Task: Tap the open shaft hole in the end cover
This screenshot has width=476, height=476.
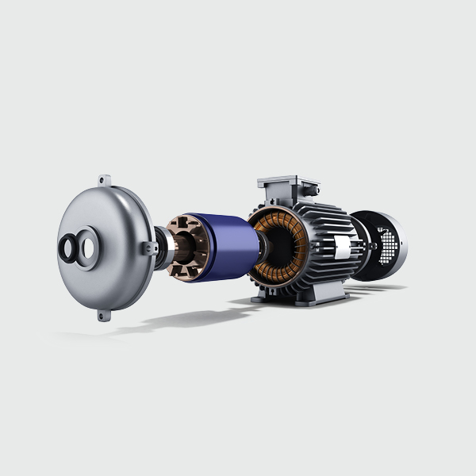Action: point(84,245)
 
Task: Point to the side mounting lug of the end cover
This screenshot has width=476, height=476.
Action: point(145,248)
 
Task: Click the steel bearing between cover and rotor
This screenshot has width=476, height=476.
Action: point(161,248)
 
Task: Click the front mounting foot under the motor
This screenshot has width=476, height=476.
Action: point(266,299)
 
